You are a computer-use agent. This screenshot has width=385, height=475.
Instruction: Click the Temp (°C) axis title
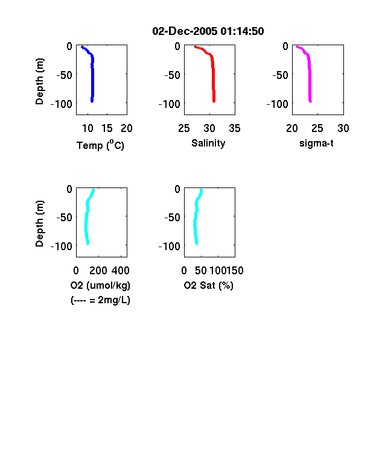[100, 145]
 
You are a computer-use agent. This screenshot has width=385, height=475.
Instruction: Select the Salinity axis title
[208, 143]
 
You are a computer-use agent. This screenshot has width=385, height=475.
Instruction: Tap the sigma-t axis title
[316, 143]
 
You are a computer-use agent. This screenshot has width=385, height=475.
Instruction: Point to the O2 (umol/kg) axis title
[100, 285]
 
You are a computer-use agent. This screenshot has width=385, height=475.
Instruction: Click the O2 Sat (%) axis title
[209, 285]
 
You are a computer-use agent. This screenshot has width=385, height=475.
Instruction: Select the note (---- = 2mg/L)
[100, 300]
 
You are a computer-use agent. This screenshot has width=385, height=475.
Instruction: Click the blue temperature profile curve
[92, 79]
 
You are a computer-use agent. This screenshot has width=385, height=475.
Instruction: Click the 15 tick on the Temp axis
[107, 128]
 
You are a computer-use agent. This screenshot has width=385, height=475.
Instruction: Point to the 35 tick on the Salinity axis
[235, 128]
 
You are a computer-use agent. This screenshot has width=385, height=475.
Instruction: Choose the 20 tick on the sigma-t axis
[292, 128]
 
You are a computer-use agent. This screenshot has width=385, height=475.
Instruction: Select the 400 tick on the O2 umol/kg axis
[121, 271]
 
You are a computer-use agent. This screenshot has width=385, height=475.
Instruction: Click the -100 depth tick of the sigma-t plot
[278, 104]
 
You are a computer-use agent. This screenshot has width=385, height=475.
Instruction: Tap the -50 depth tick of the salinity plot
[172, 75]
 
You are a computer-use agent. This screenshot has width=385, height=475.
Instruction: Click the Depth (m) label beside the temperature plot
[39, 81]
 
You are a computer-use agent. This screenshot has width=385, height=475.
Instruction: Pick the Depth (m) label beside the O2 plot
[39, 224]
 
